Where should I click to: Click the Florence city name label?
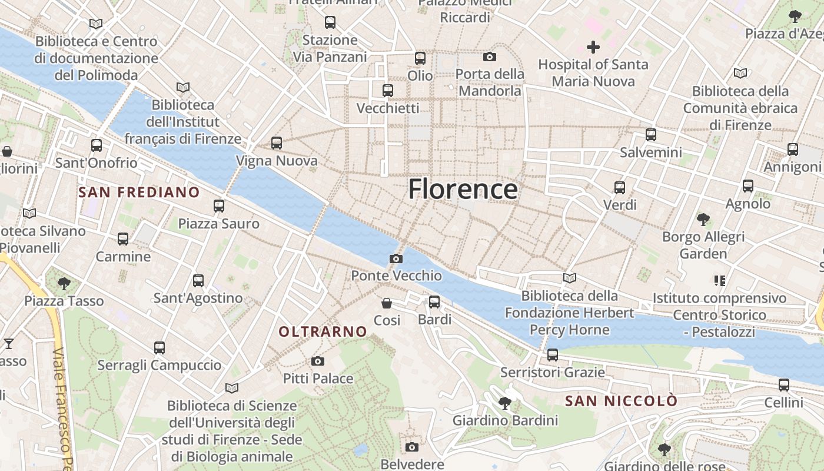coord(463,189)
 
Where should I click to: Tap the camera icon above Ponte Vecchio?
coord(396,258)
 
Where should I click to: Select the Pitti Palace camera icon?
coord(318,361)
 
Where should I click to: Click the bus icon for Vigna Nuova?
coord(277,143)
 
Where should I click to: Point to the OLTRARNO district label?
coord(323,332)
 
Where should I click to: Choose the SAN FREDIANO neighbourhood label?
coord(139,193)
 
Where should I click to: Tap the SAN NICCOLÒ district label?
coord(621,401)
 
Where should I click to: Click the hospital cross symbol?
coord(593,47)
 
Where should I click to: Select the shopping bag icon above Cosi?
coord(387,303)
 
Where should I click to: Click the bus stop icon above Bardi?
coord(434,302)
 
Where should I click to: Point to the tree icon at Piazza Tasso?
coord(64,284)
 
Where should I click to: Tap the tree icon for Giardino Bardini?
coord(504,403)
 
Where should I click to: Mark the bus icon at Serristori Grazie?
coord(552,355)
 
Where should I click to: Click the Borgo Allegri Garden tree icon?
coord(703,220)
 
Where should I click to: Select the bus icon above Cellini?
coord(783,386)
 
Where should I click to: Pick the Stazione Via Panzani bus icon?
coord(330,23)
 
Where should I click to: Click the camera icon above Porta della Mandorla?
coord(489,57)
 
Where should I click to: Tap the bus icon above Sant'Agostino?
coord(198,281)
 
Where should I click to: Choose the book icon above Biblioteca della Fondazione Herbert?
coord(569,278)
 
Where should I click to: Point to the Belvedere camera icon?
coord(412,447)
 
